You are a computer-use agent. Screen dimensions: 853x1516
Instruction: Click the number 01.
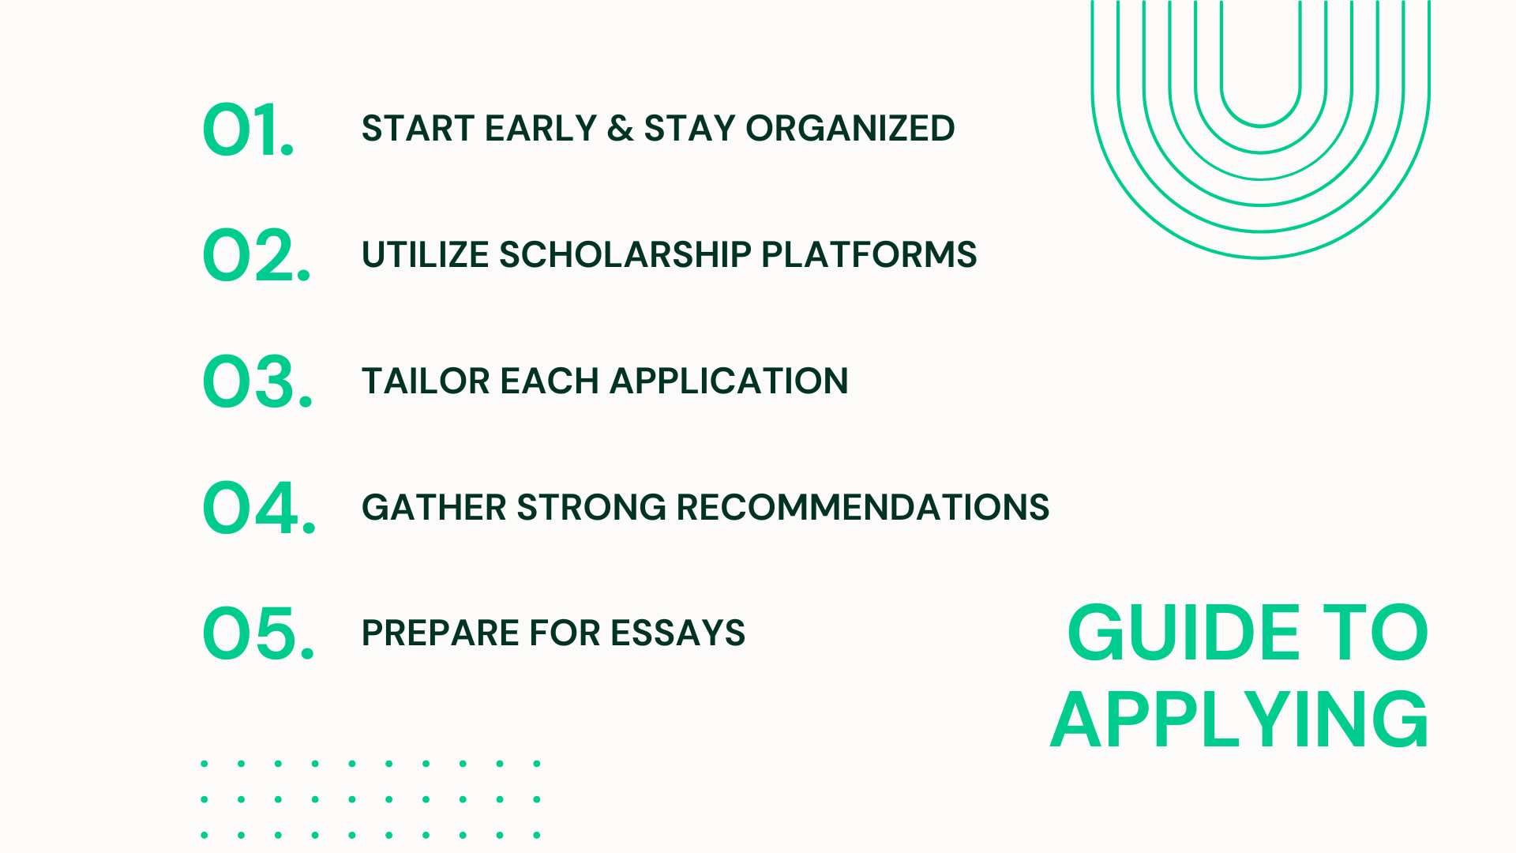[x=247, y=130]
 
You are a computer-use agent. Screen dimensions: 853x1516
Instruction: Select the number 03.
[x=257, y=382]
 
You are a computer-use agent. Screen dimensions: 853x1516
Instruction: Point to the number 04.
[x=259, y=508]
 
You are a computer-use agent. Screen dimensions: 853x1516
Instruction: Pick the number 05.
[x=258, y=634]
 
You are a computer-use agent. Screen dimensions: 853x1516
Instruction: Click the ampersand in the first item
[x=620, y=129]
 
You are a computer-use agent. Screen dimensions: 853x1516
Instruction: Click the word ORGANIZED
[x=850, y=129]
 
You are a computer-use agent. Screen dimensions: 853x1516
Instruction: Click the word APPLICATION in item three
[x=728, y=381]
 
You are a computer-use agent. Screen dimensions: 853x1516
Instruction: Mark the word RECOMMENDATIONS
[x=862, y=508]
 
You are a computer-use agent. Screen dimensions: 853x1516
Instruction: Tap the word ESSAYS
[x=677, y=633]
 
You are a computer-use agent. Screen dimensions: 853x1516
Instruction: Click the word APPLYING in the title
[x=1239, y=720]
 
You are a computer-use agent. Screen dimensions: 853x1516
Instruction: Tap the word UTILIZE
[x=424, y=255]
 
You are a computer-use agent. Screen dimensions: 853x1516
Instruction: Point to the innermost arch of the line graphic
[x=1260, y=124]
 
